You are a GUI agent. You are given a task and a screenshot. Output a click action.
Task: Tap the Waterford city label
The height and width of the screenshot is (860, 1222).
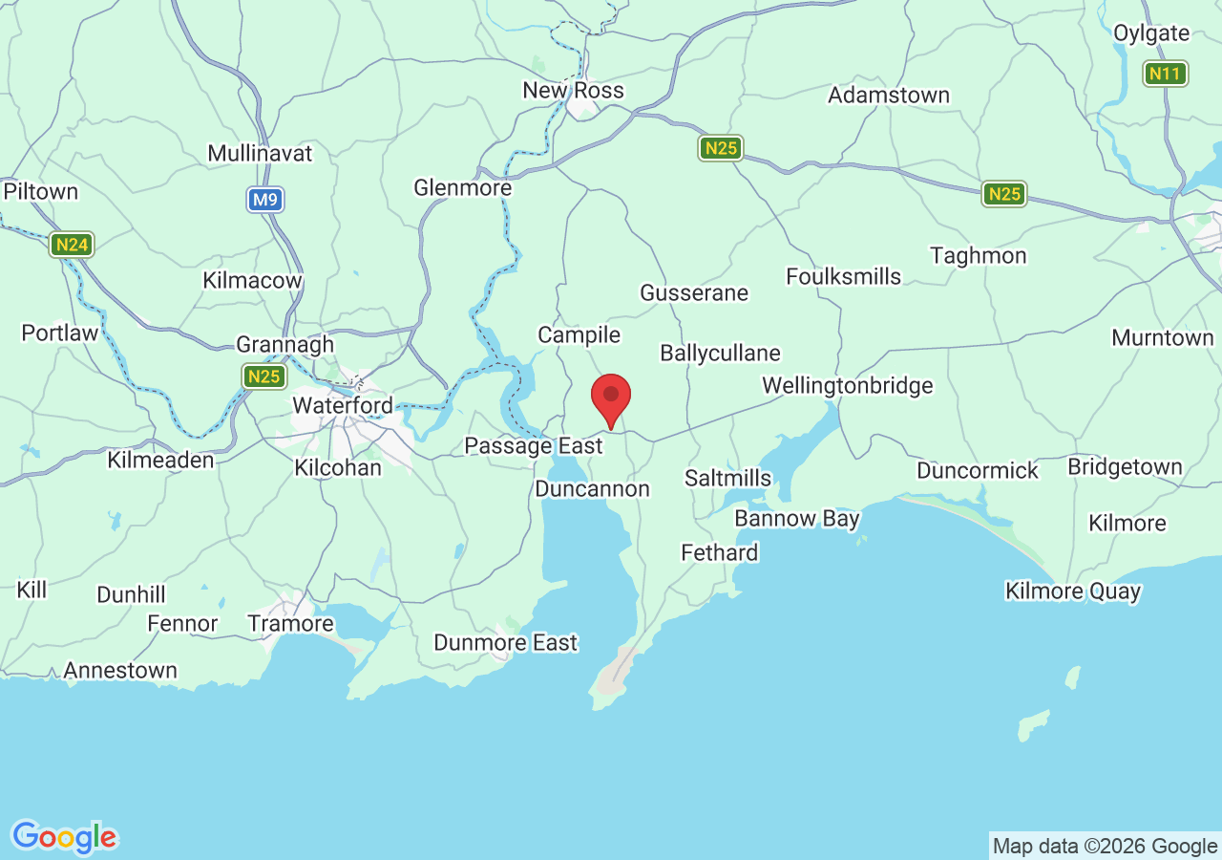[342, 405]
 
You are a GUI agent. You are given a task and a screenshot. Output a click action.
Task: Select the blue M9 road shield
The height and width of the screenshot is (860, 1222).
[265, 201]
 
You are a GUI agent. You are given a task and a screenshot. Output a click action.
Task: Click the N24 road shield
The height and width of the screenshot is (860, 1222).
[72, 246]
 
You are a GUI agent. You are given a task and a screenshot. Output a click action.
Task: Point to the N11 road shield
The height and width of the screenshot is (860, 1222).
[1166, 74]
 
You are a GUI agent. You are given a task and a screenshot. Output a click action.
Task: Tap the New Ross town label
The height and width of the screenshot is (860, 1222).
[573, 91]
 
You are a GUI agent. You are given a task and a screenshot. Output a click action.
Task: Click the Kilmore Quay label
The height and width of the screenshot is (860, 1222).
[1073, 591]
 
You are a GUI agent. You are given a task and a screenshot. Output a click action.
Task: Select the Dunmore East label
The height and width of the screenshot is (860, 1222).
[505, 643]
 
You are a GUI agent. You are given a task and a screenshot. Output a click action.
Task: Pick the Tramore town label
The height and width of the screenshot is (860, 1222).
[290, 624]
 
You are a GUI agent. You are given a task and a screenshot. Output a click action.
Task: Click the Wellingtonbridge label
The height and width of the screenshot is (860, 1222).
[847, 386]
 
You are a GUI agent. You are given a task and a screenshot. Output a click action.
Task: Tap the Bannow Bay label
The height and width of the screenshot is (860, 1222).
[796, 519]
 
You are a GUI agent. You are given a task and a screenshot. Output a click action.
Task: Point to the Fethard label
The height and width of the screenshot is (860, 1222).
[719, 552]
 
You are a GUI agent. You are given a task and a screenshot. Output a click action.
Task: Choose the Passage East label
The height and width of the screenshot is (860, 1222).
[533, 446]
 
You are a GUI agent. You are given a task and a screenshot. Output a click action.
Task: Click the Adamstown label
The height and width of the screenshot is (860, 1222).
[888, 96]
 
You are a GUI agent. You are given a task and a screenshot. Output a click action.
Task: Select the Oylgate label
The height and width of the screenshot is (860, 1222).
[1151, 33]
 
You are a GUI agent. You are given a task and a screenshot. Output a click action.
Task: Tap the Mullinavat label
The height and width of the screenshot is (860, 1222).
[260, 154]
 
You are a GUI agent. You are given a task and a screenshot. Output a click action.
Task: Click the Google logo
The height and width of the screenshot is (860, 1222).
[64, 838]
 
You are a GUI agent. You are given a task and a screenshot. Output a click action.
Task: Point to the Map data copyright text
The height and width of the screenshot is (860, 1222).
[1105, 847]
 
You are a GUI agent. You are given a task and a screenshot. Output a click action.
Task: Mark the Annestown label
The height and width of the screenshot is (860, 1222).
[120, 671]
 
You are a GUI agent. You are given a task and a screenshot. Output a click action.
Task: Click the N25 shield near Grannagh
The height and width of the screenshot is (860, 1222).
[263, 376]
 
